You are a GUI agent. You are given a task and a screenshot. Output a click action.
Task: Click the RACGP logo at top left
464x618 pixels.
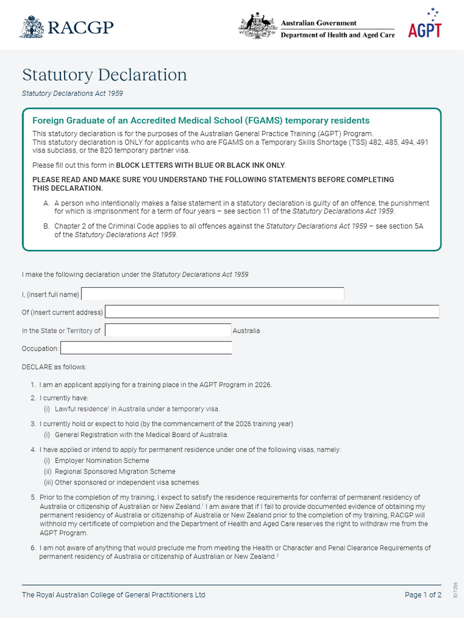66,27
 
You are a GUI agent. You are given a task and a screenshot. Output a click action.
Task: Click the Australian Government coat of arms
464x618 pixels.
258,27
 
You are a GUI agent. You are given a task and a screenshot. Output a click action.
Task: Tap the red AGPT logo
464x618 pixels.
425,27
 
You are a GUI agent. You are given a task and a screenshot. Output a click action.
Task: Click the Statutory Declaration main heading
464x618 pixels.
105,75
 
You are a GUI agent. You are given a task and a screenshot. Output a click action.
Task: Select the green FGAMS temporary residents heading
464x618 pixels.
201,121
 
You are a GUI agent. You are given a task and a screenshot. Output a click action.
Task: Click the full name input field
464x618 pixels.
213,294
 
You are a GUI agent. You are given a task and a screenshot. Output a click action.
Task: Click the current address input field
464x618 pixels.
272,312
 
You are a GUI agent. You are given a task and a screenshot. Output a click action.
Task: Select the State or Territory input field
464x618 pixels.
168,331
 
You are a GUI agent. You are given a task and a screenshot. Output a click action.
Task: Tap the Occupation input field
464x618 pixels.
146,348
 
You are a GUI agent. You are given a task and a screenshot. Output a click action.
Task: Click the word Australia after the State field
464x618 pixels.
246,331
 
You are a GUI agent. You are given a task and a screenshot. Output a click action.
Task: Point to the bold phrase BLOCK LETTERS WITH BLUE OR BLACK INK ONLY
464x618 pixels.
200,165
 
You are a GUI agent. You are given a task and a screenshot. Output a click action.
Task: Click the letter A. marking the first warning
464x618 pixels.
47,203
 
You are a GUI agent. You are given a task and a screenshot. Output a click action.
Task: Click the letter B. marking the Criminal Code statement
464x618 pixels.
47,226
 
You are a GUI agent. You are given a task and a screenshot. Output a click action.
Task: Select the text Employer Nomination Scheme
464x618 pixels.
102,460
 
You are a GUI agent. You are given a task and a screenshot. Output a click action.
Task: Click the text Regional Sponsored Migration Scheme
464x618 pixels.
115,471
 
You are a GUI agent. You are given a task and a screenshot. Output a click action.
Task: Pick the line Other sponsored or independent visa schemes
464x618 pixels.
126,482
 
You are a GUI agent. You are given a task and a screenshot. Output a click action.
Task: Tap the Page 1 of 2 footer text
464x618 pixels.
423,595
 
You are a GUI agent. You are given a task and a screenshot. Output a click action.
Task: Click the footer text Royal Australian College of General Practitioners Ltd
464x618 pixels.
114,595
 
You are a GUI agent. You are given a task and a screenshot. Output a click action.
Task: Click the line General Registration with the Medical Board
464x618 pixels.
141,435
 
